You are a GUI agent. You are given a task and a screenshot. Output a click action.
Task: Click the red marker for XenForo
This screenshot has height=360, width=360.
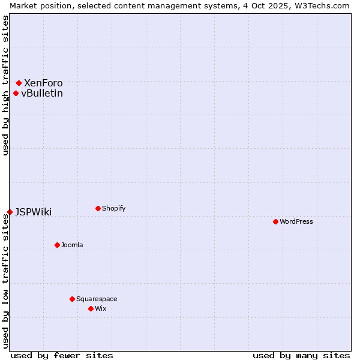click(19, 83)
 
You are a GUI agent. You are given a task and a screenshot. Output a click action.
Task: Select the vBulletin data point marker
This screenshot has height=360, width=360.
click(16, 93)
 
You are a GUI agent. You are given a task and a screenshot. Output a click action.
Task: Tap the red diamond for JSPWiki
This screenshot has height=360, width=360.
click(10, 212)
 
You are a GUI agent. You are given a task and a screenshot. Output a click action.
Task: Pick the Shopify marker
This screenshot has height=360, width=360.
click(98, 208)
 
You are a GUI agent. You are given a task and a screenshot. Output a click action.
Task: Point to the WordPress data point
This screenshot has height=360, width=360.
click(275, 221)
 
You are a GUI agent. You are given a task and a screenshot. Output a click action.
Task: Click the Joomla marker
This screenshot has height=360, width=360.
click(57, 245)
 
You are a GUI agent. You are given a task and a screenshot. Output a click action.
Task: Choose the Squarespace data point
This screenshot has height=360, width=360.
click(72, 299)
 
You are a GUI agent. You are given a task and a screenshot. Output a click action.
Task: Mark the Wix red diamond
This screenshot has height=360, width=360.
click(91, 308)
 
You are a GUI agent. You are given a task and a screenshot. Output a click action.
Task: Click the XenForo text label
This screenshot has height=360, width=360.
click(43, 83)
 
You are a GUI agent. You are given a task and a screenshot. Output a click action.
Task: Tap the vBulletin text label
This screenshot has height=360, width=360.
click(42, 93)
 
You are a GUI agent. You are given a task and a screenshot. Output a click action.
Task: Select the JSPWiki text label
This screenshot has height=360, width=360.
click(34, 212)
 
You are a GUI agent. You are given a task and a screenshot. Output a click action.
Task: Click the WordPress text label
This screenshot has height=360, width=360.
click(296, 221)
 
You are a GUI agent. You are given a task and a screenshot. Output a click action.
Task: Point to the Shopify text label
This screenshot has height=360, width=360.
click(114, 208)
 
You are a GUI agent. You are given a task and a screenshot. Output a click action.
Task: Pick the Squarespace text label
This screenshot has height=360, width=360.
click(97, 299)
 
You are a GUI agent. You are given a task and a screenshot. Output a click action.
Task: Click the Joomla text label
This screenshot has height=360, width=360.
click(72, 245)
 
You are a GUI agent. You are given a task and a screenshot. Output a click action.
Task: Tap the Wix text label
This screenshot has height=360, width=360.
click(100, 308)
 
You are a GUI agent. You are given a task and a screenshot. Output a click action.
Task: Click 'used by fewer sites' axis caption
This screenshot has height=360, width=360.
click(62, 355)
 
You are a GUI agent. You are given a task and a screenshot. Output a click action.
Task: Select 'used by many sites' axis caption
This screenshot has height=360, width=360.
click(301, 355)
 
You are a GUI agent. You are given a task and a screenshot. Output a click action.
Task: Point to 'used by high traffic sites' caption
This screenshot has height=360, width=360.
click(5, 85)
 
